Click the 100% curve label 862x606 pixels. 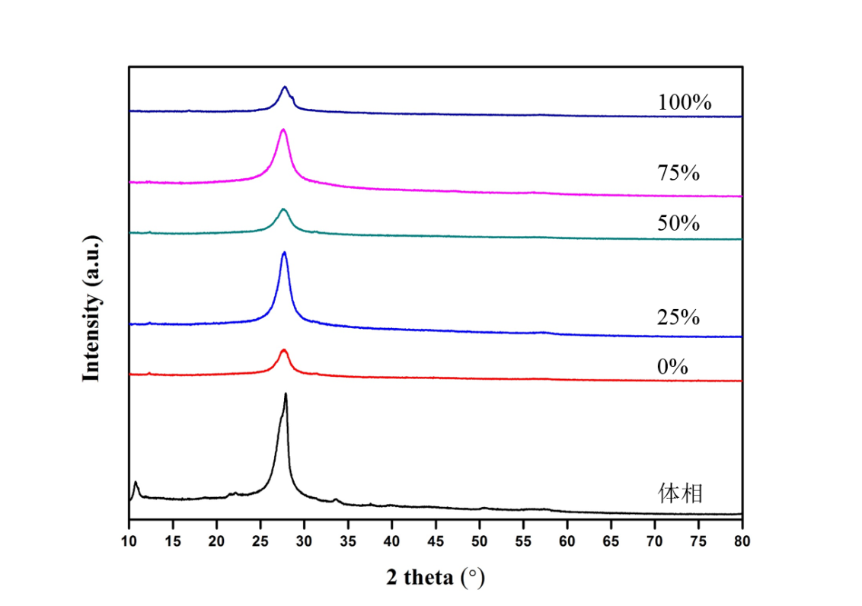pyautogui.click(x=685, y=102)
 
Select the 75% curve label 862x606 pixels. pyautogui.click(x=678, y=174)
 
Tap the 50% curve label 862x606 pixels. pyautogui.click(x=678, y=224)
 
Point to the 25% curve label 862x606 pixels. pyautogui.click(x=678, y=317)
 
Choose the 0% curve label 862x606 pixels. pyautogui.click(x=672, y=368)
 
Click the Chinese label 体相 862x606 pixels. pyautogui.click(x=680, y=494)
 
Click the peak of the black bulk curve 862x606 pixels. pyautogui.click(x=286, y=394)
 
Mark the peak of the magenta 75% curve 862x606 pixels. pyautogui.click(x=283, y=130)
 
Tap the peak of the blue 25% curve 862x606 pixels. pyautogui.click(x=284, y=253)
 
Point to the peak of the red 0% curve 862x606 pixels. pyautogui.click(x=284, y=350)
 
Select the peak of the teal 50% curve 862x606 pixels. pyautogui.click(x=284, y=209)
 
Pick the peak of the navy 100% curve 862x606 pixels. pyautogui.click(x=285, y=88)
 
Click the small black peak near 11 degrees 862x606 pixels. pyautogui.click(x=136, y=483)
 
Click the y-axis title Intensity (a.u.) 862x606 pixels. pyautogui.click(x=92, y=308)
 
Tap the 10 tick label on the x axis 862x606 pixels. pyautogui.click(x=129, y=541)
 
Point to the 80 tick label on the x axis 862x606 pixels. pyautogui.click(x=742, y=541)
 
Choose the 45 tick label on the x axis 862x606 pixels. pyautogui.click(x=436, y=541)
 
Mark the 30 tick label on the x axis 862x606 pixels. pyautogui.click(x=305, y=541)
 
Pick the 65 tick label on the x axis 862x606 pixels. pyautogui.click(x=611, y=541)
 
